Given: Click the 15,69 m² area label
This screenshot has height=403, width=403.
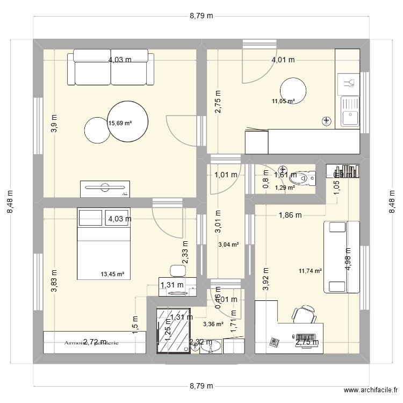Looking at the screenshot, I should (120, 123).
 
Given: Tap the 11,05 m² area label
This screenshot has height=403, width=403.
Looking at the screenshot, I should (283, 101).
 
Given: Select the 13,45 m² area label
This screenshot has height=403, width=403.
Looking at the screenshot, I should (112, 274).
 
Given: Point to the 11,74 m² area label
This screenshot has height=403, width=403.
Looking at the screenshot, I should (310, 271).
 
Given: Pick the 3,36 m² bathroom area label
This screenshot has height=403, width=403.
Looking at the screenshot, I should (213, 324).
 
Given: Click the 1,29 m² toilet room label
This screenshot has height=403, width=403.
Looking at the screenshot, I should (285, 188).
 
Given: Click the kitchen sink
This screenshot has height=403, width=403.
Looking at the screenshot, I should (350, 110).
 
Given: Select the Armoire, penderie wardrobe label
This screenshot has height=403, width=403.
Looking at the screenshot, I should (91, 342).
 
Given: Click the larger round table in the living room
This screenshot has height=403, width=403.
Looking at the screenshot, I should (127, 122).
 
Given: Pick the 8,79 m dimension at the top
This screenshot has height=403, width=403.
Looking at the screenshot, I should (201, 16).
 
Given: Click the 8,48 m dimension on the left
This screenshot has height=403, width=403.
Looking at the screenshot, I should (10, 201).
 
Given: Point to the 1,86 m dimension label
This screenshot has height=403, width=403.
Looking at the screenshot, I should (290, 215).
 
